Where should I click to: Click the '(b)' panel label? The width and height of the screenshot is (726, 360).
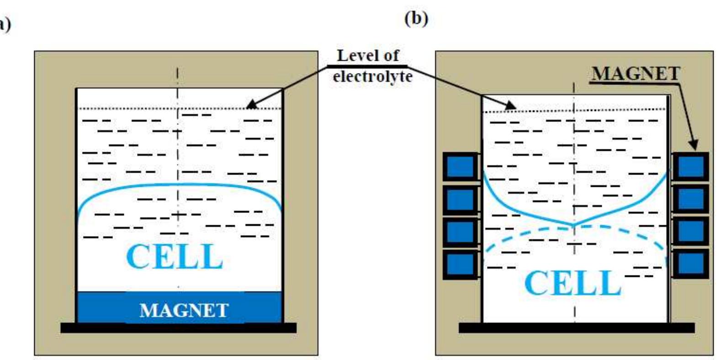(416, 19)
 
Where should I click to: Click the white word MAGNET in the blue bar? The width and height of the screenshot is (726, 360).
(184, 311)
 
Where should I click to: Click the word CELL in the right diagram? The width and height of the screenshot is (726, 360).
(573, 283)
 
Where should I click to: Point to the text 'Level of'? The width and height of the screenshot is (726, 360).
(367, 56)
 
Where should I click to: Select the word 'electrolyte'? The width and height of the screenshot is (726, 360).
(372, 76)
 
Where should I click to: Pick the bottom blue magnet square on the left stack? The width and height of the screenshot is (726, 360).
(460, 264)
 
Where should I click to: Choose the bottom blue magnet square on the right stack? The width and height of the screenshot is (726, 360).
(691, 264)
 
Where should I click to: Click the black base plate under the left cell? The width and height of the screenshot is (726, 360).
(178, 328)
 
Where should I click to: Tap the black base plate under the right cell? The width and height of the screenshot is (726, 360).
(577, 328)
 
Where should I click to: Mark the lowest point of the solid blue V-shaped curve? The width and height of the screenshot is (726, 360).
(574, 224)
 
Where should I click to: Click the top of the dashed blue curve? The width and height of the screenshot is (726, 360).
(574, 228)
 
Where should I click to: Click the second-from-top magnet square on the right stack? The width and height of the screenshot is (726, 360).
(691, 199)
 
